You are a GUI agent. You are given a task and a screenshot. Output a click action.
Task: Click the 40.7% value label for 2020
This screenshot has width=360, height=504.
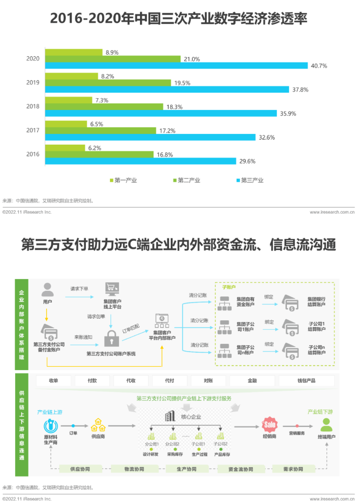pos(319,66)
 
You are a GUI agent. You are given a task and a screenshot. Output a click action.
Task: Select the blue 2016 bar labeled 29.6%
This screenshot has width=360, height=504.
pos(140,161)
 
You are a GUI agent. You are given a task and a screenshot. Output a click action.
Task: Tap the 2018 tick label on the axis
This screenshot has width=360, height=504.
pos(32,106)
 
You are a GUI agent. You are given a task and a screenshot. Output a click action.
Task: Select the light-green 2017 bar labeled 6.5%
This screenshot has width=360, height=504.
pos(65,124)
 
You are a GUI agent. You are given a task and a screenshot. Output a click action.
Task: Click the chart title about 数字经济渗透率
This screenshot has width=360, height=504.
pos(179,20)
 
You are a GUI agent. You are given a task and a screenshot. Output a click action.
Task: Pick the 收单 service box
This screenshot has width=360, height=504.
pos(54,381)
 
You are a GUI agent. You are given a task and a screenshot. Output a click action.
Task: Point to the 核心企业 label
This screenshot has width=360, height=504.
pos(191,417)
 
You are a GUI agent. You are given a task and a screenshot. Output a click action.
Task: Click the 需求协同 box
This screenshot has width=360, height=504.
pos(291,469)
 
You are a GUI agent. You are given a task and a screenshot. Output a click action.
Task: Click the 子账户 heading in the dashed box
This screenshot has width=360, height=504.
pos(229,287)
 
